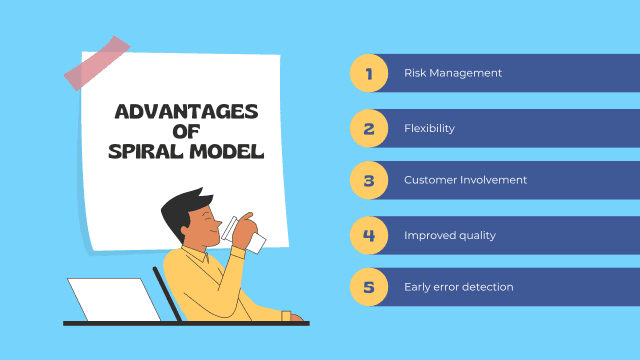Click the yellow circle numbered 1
(x=369, y=73)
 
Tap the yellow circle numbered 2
(x=369, y=127)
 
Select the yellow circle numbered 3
(x=369, y=181)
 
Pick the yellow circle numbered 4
(x=369, y=235)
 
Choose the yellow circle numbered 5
(x=369, y=288)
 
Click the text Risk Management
(x=452, y=73)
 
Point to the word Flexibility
(x=430, y=128)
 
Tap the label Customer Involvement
(x=465, y=181)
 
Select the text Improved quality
(x=449, y=235)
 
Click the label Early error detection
(x=458, y=288)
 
